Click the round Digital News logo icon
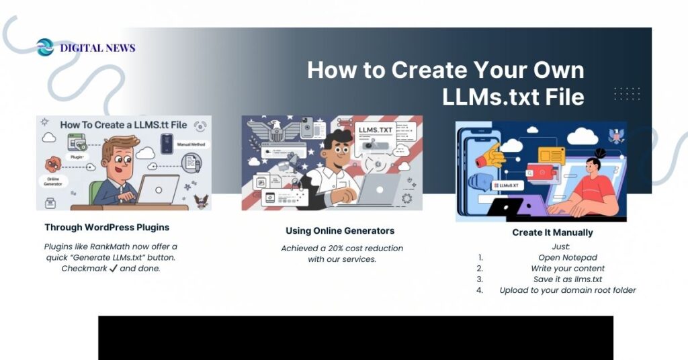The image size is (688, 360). tap(45, 48)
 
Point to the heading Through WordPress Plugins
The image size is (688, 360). tap(107, 227)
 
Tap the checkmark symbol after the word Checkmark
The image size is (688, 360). tap(113, 269)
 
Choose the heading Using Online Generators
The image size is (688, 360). tap(340, 231)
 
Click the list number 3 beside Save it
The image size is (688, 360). tap(480, 279)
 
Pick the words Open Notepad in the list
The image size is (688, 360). tap(568, 257)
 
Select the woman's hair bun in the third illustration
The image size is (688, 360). tap(601, 152)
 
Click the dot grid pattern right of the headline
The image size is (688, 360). tap(627, 93)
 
